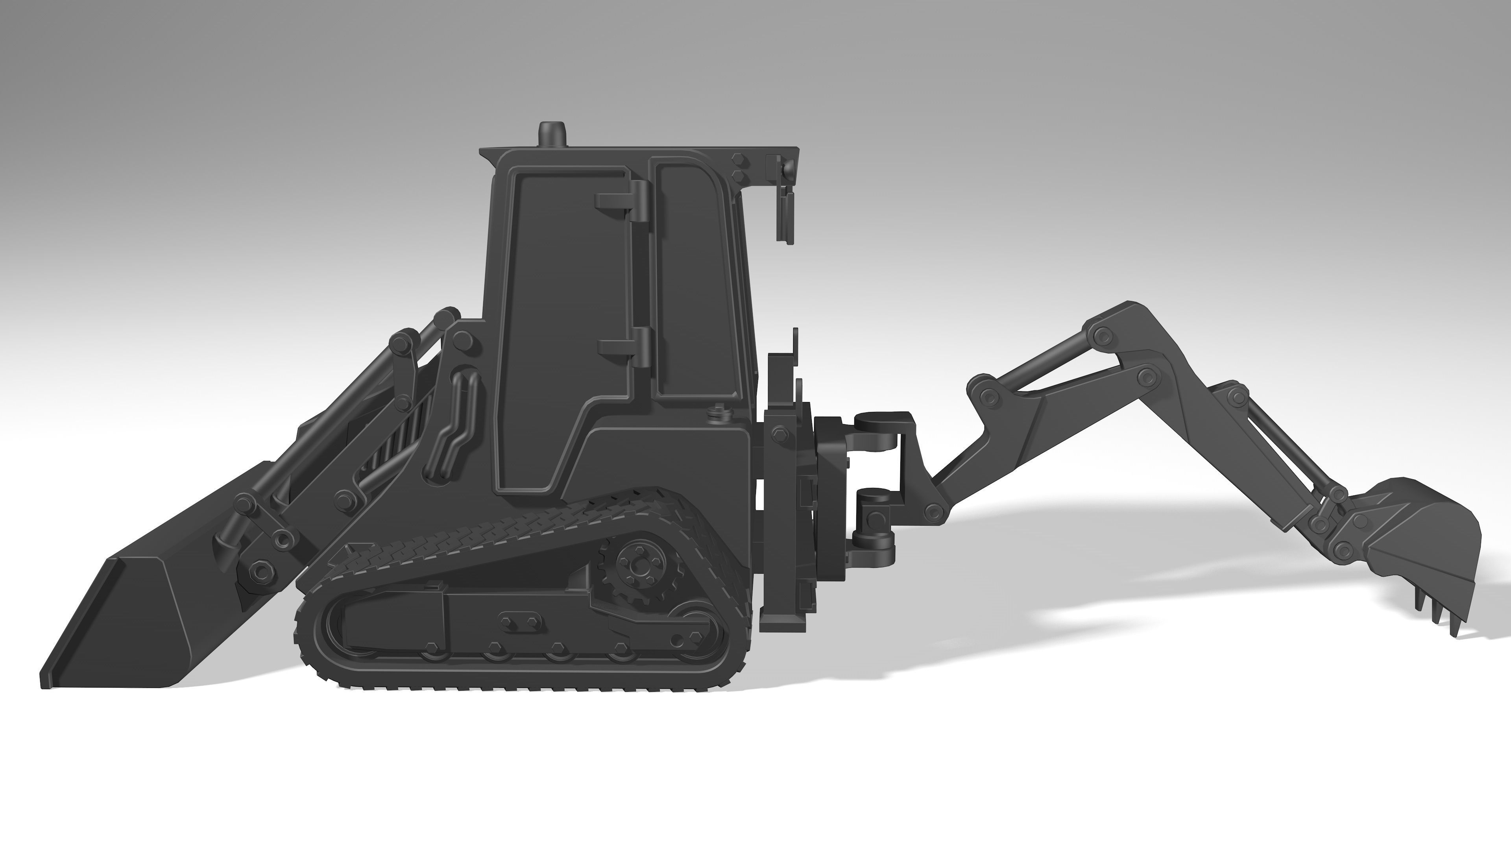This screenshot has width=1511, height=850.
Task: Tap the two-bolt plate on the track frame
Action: tap(519, 621)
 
